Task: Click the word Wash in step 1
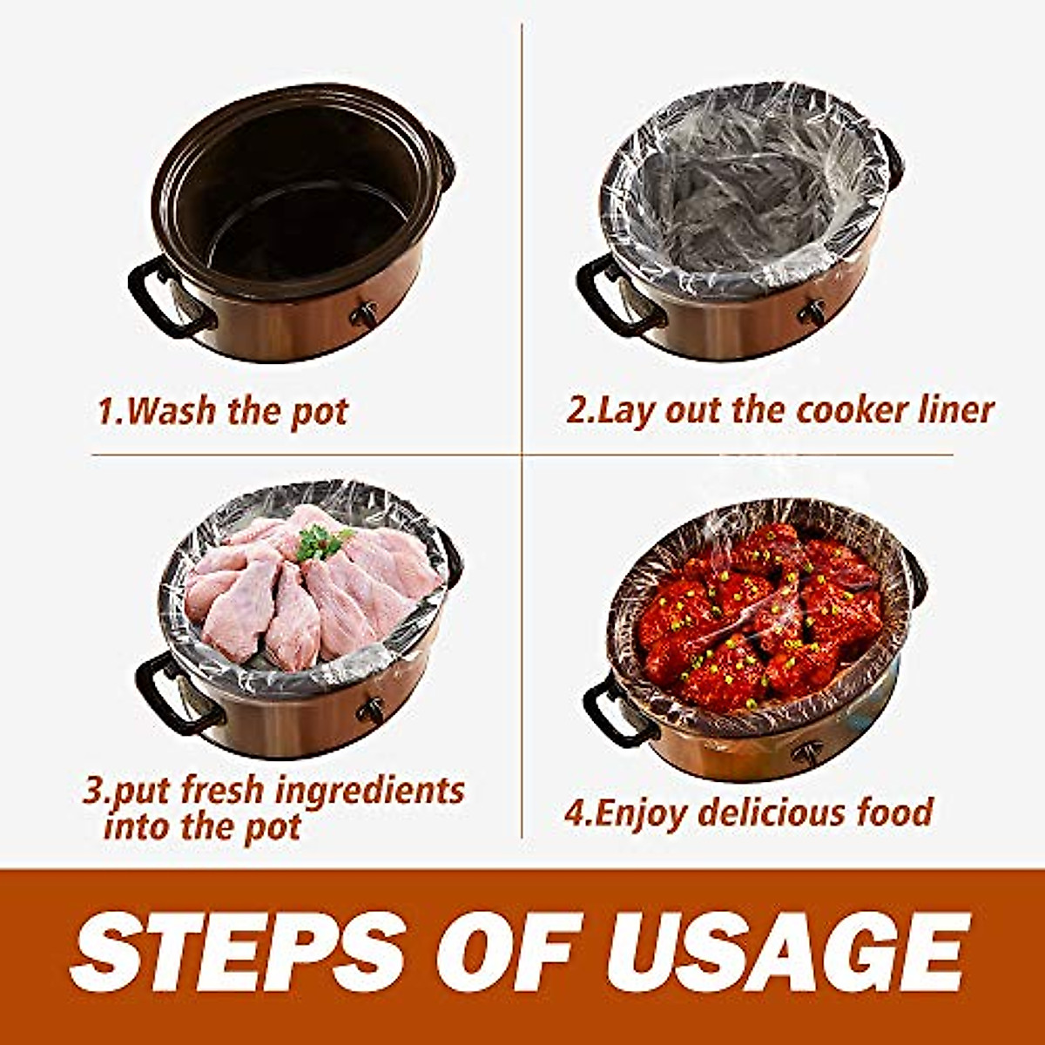(x=172, y=410)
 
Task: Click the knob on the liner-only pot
(x=813, y=312)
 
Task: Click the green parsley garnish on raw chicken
(x=321, y=543)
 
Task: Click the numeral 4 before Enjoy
(x=574, y=813)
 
